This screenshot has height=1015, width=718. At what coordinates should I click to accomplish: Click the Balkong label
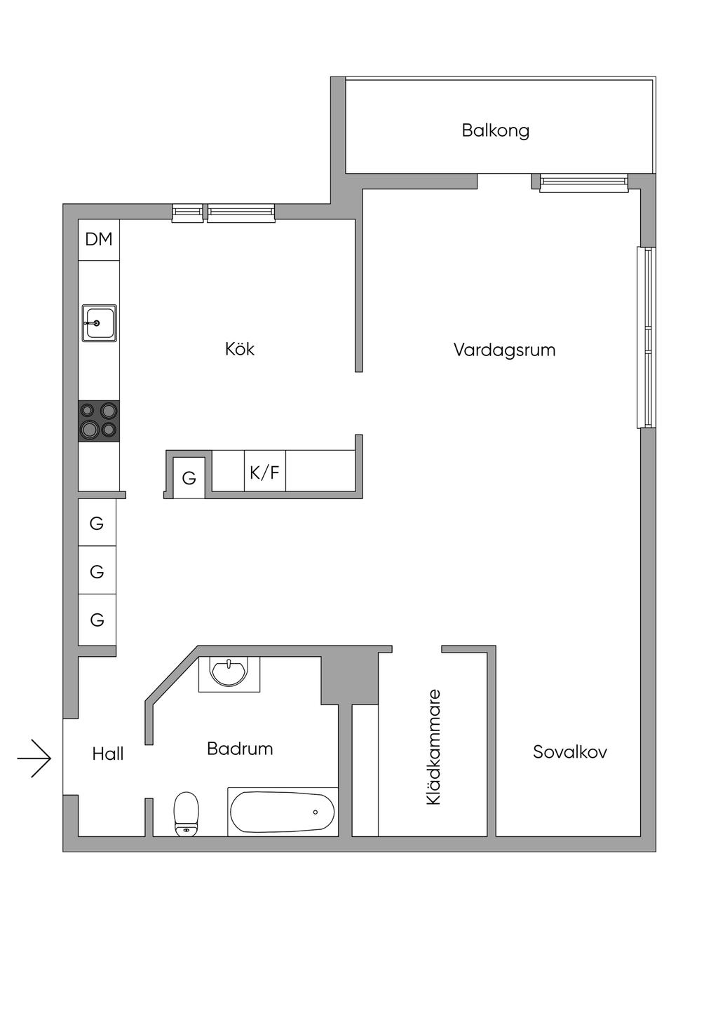coord(495,130)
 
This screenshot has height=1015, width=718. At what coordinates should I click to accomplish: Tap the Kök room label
coord(240,348)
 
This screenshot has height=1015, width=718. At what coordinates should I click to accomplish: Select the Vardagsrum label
coord(504,350)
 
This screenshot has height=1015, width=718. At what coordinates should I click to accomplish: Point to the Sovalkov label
coord(569,752)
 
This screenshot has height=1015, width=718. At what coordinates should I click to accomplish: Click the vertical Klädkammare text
coord(434,747)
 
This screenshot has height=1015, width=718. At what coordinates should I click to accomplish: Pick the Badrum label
coord(240,749)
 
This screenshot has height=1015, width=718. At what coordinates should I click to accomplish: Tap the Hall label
coord(108,754)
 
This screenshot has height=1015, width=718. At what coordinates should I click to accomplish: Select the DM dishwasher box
coord(99,240)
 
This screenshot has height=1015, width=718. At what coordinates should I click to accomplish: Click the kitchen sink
coord(99,323)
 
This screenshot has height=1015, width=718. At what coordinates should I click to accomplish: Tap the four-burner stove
coord(98,421)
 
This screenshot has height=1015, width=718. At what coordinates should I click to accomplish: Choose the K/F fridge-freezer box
coord(264,472)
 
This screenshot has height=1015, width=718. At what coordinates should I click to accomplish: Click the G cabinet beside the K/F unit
coord(189,478)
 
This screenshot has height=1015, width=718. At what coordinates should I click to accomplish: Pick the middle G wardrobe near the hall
coord(97,572)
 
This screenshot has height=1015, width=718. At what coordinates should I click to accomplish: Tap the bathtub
coord(283,812)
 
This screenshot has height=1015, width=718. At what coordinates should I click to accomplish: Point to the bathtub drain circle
coord(315,812)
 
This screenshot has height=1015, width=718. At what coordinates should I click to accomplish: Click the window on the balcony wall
coord(583,183)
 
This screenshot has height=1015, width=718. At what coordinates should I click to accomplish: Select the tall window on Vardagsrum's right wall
coord(646,337)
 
